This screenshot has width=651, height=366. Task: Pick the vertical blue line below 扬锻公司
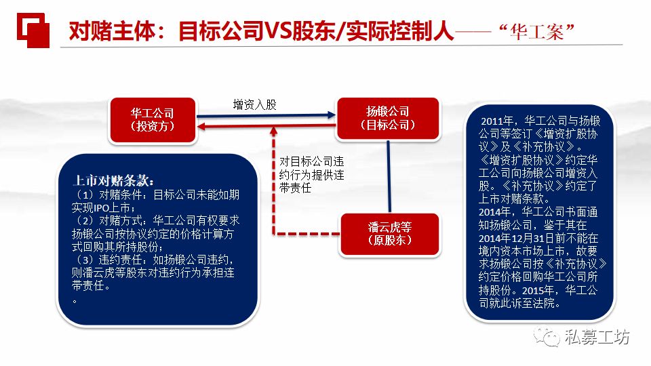[x=389, y=176]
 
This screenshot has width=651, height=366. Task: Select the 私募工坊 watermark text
[x=597, y=337]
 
